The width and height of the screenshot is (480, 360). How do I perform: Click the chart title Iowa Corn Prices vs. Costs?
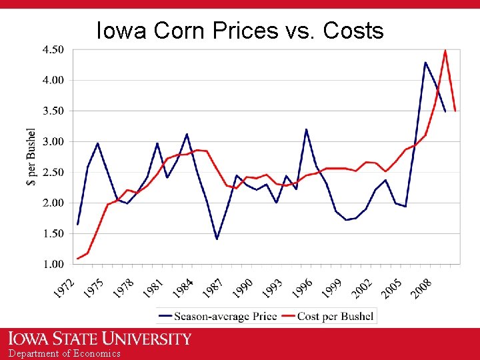pos(240,31)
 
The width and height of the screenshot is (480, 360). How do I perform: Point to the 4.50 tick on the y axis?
pos(53,49)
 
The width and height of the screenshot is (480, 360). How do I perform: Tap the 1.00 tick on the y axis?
pos(53,264)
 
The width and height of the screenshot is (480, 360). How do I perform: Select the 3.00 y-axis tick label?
pos(53,141)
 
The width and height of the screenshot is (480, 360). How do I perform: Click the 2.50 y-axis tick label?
pos(53,172)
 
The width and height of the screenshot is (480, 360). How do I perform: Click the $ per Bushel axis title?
pos(31,157)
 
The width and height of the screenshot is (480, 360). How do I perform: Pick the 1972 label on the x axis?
pos(64,289)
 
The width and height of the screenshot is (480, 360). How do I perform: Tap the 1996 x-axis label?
pos(302,289)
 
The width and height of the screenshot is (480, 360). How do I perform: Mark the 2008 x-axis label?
pos(421,289)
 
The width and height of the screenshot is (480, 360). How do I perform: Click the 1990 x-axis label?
pos(243,289)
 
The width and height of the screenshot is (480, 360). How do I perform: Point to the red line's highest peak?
pos(445,50)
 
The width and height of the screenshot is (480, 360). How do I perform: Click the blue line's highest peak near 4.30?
pos(425,62)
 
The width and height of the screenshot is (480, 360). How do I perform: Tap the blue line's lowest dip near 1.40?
pos(217,239)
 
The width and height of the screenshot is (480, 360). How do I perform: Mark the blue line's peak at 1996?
pos(306,129)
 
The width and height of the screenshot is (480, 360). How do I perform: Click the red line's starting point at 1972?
pos(78,258)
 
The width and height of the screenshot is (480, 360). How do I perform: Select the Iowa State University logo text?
pos(100,339)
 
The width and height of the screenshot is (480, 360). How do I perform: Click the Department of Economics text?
pos(65,353)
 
